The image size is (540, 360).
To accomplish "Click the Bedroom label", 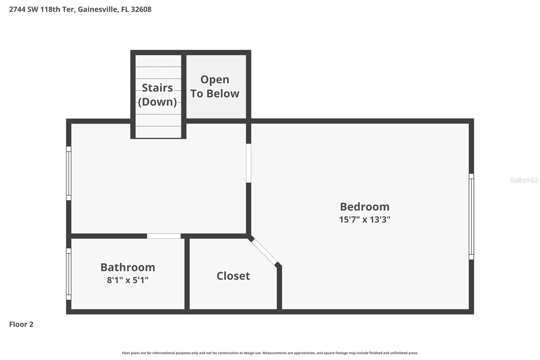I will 364,207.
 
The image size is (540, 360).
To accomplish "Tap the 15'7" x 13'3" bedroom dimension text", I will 364,220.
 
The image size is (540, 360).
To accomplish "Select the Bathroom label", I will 128,267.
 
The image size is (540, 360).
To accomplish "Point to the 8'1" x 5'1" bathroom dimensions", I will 128,280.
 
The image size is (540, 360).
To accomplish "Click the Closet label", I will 233,276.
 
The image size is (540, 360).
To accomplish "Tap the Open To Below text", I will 215,86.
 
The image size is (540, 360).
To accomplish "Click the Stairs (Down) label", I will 157,95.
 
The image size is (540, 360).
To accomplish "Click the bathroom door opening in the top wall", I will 164,236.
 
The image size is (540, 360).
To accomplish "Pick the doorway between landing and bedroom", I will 248,163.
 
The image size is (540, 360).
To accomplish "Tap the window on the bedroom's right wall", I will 471,216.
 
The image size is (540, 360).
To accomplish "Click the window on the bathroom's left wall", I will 69,274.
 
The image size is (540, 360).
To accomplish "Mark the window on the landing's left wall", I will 69,173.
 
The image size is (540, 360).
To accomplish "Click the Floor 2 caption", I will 21,324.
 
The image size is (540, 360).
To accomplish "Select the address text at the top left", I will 80,9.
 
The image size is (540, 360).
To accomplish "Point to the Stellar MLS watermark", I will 524,180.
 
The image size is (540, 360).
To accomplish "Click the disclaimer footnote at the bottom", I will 270,353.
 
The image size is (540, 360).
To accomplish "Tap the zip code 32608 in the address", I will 141,9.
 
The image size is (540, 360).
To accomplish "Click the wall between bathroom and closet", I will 187,274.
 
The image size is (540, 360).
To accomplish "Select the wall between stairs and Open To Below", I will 184,95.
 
